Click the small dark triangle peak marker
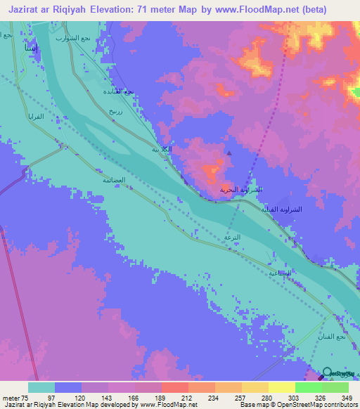(x=229, y=153)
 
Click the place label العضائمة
(x=114, y=180)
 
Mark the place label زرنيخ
(x=115, y=111)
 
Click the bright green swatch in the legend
(x=308, y=387)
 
